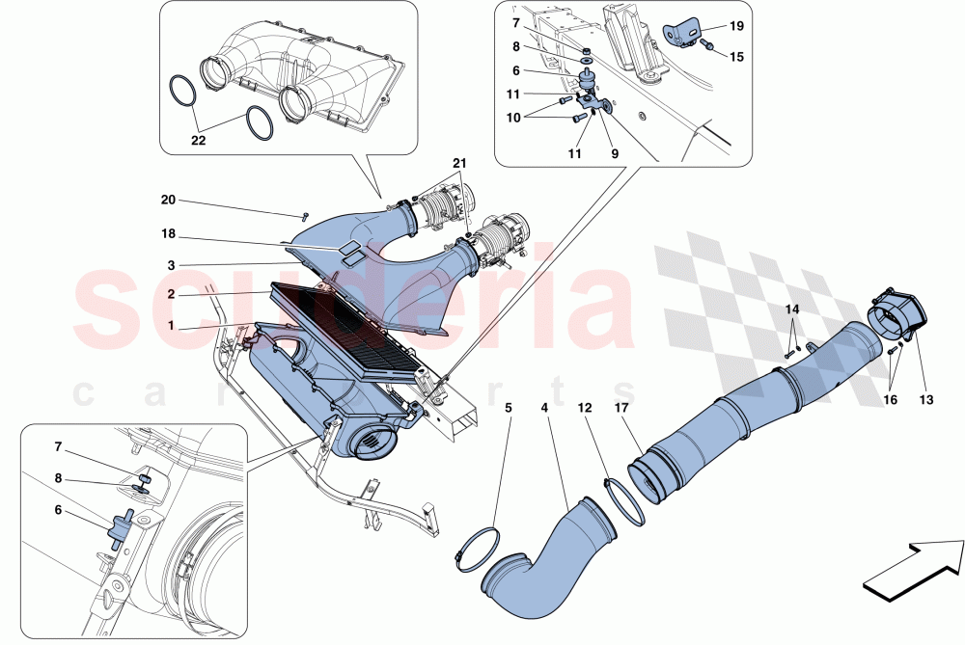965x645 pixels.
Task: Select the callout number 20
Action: tap(169, 201)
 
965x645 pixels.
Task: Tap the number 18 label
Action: tap(169, 233)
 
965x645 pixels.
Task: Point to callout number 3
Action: tap(170, 263)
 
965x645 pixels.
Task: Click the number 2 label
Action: tap(170, 294)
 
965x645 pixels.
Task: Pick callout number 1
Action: tap(170, 326)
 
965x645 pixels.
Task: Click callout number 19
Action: tap(736, 27)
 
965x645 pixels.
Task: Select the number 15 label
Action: tap(736, 57)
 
